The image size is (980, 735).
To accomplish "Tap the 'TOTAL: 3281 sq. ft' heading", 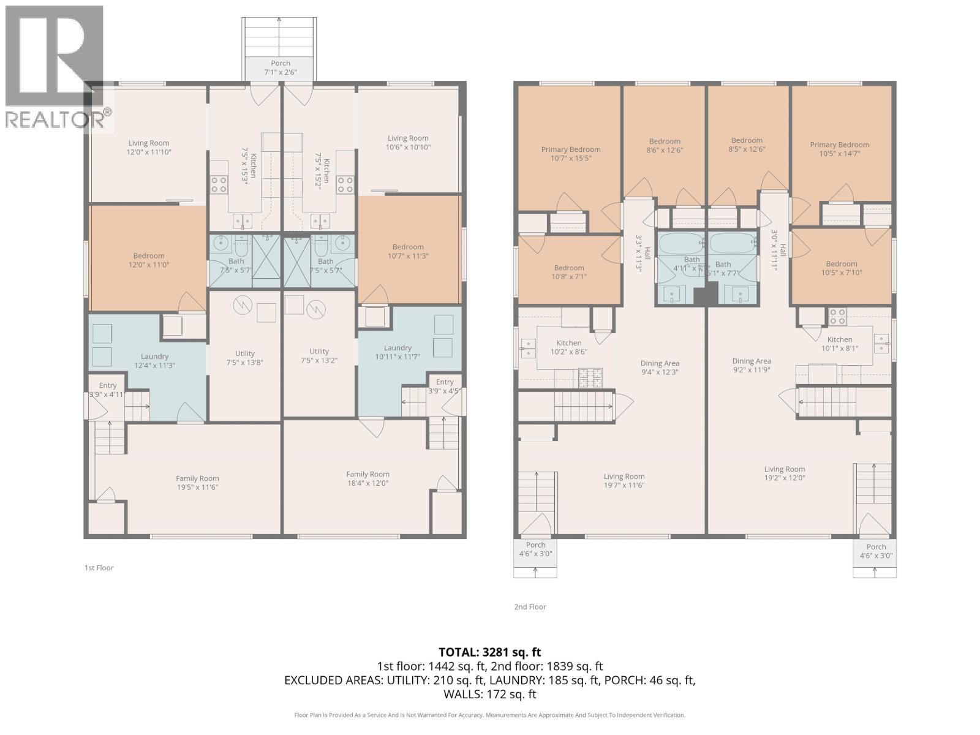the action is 489,652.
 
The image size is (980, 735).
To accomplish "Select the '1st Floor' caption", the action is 99,568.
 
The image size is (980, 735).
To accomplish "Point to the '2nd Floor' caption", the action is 530,607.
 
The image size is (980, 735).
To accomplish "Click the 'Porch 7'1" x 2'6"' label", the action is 281,67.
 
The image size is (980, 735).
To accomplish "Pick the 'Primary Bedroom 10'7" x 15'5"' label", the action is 571,154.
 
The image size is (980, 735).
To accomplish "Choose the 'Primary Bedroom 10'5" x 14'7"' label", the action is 839,149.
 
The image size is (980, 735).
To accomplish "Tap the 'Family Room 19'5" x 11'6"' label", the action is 197,483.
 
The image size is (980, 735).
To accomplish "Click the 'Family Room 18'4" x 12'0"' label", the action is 367,478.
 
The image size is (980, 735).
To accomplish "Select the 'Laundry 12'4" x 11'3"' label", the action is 154,361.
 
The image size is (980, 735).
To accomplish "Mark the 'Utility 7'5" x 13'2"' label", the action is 319,356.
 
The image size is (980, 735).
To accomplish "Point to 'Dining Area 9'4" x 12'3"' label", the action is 660,367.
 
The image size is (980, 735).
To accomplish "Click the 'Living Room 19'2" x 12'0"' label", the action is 784,473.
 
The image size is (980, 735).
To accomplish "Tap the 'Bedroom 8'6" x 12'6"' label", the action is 665,145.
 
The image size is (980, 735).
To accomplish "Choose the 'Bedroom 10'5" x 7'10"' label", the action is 841,268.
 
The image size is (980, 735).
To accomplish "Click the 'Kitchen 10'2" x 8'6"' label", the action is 569,347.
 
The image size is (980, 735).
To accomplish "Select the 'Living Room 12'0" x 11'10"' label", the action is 149,147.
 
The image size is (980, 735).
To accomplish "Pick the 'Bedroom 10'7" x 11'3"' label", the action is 408,251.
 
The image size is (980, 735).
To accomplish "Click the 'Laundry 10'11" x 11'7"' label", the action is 398,352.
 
